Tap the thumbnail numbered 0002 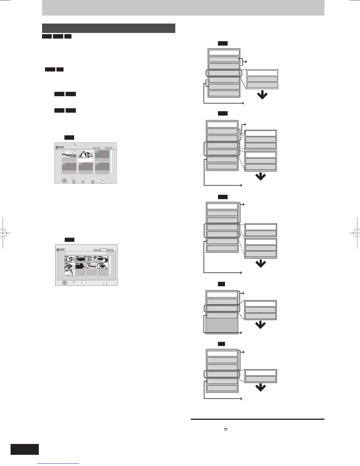(x=81, y=259)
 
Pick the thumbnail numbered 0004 (x=103, y=259)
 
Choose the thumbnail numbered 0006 (x=81, y=266)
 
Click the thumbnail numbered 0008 (x=103, y=266)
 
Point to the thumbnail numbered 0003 (x=92, y=259)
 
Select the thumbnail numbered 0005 (x=70, y=266)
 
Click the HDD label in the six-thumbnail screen (x=60, y=147)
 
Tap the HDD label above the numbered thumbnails (x=61, y=249)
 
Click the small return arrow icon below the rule (x=226, y=429)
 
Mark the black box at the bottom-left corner (x=25, y=449)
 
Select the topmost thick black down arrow (x=262, y=95)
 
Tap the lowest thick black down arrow (x=261, y=388)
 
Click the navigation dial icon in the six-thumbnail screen (x=64, y=181)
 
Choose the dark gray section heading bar (x=109, y=28)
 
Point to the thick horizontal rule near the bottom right (x=257, y=419)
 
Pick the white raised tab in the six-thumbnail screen (x=103, y=148)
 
